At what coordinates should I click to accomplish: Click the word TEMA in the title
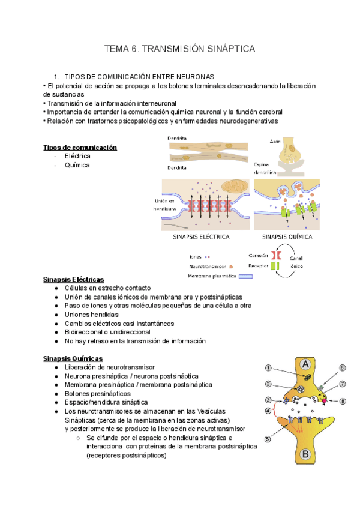118,49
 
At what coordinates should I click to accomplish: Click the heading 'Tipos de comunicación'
80,148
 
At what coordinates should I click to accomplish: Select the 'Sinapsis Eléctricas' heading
74,279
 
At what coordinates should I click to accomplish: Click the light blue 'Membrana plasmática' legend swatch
245,277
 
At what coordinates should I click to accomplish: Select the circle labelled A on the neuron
305,364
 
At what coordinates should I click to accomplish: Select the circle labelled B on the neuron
305,454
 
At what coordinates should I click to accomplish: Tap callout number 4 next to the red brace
269,411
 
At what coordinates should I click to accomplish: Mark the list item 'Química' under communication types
77,165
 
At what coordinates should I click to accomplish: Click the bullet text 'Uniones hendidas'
91,314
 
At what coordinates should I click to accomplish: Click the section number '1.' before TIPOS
57,77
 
